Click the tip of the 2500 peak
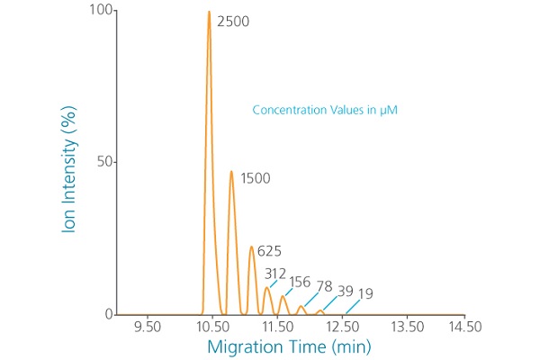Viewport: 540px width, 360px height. [x=209, y=12]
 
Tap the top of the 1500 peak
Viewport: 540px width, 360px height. [x=231, y=171]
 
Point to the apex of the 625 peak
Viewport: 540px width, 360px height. [x=251, y=247]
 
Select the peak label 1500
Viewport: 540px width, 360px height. [x=256, y=178]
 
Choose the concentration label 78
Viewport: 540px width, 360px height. [x=325, y=286]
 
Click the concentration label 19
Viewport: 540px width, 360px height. [x=365, y=293]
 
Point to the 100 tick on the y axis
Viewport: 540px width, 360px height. [x=102, y=11]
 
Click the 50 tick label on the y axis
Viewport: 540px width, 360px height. [x=106, y=162]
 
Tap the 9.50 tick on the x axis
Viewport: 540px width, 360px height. [x=147, y=326]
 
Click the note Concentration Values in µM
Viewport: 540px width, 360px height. [x=325, y=111]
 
